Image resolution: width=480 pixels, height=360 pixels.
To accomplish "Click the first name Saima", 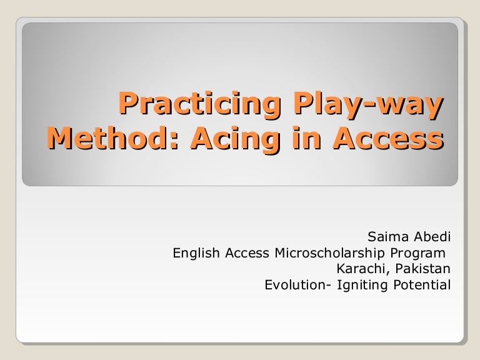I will (387, 237).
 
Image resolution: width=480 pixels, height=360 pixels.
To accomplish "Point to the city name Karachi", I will (357, 270).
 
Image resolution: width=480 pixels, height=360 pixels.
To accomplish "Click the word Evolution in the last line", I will (291, 286).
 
